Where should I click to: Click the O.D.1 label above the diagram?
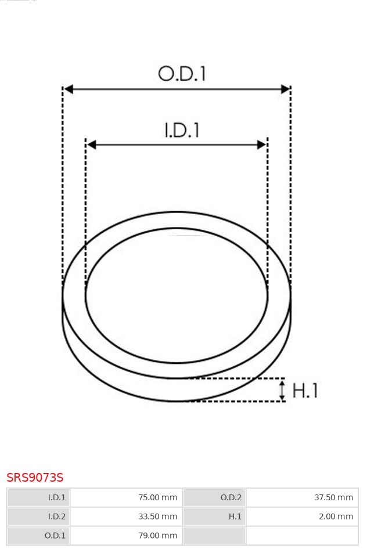182,74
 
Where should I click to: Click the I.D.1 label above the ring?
182,130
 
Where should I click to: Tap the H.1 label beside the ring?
305,391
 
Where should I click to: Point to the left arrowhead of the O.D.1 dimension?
69,89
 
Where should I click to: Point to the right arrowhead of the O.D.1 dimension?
285,89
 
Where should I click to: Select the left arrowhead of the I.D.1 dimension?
91,145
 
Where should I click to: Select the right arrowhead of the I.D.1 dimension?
261,145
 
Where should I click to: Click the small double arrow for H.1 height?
282,391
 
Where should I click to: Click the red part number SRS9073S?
35,477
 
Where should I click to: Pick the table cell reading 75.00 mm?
127,497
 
